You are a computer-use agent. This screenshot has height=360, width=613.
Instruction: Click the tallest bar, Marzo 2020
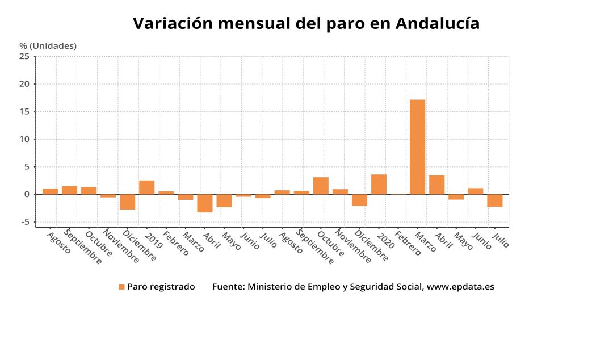click(x=417, y=147)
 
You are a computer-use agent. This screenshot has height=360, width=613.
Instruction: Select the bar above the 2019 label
click(x=147, y=187)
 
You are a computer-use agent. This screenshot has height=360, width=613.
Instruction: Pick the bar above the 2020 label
click(x=379, y=185)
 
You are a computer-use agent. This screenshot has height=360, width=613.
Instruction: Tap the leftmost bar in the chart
click(x=50, y=191)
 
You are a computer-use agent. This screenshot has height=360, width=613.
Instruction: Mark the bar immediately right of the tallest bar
click(x=436, y=185)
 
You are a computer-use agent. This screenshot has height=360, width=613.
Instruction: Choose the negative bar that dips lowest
click(x=204, y=203)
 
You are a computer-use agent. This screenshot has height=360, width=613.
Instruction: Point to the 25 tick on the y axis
click(x=24, y=56)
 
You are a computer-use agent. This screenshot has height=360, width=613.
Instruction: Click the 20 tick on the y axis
click(x=24, y=84)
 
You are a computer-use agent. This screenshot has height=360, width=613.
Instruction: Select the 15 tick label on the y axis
click(x=24, y=111)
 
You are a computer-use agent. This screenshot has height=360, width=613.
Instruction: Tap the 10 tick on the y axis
click(x=24, y=139)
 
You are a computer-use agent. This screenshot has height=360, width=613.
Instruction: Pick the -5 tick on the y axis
click(x=24, y=222)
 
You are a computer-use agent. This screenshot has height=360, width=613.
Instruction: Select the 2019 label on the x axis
click(x=154, y=241)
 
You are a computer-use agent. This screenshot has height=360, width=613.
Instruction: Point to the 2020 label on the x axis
click(x=385, y=241)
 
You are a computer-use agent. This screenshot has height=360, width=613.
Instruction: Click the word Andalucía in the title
click(x=437, y=23)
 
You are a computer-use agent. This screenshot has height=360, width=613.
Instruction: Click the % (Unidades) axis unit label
click(x=48, y=46)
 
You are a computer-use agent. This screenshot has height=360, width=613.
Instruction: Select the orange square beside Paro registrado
click(x=121, y=287)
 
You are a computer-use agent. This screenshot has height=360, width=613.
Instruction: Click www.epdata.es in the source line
click(x=460, y=287)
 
